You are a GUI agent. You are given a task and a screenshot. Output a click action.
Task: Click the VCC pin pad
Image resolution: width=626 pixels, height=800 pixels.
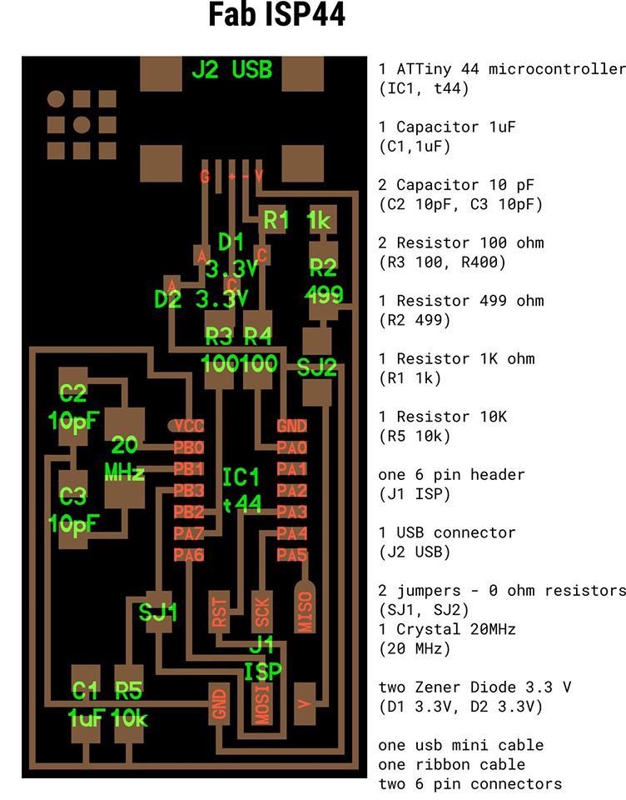coord(188,426)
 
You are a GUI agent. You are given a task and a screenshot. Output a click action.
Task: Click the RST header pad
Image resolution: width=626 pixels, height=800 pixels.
coord(220,612)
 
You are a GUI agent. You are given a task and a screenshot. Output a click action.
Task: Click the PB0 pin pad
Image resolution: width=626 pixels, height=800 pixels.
coord(189,447)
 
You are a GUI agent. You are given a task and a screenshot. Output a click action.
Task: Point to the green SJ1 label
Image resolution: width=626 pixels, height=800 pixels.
coord(158,613)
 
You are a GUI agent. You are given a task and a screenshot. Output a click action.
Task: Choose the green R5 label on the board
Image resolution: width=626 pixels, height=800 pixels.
coord(129,690)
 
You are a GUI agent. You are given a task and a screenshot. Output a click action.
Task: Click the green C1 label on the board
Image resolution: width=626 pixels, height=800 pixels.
coord(86,690)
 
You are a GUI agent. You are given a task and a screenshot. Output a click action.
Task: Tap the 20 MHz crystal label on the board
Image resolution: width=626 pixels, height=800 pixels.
coord(125,457)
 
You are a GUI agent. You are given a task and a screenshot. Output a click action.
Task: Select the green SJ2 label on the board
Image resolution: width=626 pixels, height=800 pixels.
coord(317,367)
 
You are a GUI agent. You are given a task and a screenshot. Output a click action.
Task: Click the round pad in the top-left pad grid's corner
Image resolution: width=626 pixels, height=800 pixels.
coord(56,100)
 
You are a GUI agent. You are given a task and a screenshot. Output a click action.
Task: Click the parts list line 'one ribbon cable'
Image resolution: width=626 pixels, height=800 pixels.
coord(451,764)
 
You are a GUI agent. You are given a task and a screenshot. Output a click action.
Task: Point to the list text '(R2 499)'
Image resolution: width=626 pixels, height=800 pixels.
coord(414,320)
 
